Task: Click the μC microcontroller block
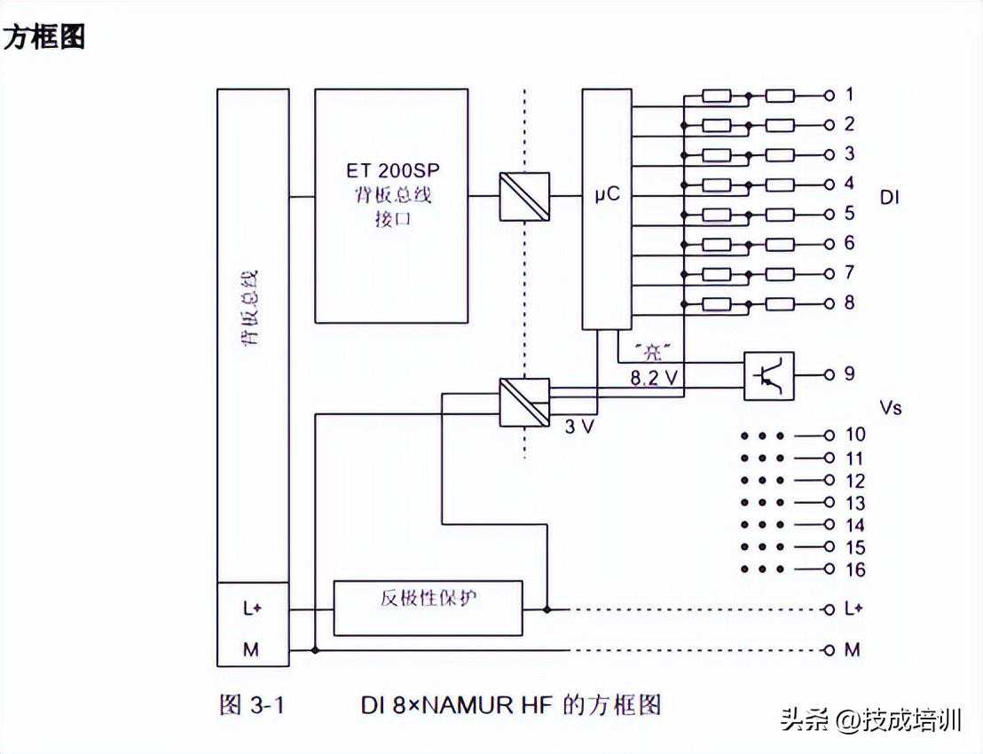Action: pyautogui.click(x=607, y=209)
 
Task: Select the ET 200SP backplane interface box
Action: pyautogui.click(x=391, y=205)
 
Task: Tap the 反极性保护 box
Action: pyautogui.click(x=428, y=608)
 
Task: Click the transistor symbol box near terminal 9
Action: pyautogui.click(x=768, y=375)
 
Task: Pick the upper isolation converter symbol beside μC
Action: pyautogui.click(x=524, y=195)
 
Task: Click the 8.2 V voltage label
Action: pyautogui.click(x=654, y=378)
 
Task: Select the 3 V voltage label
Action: pyautogui.click(x=580, y=427)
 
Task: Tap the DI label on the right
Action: pyautogui.click(x=889, y=198)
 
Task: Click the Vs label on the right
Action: pyautogui.click(x=891, y=407)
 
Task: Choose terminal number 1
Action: pyautogui.click(x=849, y=95)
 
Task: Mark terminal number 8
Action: pyautogui.click(x=849, y=303)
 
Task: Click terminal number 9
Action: pyautogui.click(x=849, y=373)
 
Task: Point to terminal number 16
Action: pyautogui.click(x=855, y=569)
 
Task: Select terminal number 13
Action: pyautogui.click(x=855, y=503)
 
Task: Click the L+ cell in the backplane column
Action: pyautogui.click(x=253, y=609)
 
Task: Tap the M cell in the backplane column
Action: pyautogui.click(x=252, y=649)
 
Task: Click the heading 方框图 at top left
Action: pyautogui.click(x=44, y=38)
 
